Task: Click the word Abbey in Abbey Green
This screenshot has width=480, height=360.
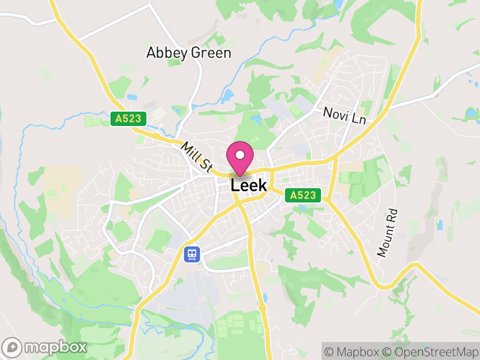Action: coord(163,53)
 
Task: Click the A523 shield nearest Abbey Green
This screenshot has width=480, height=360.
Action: coord(129,119)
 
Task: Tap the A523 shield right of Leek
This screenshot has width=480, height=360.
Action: coord(303,195)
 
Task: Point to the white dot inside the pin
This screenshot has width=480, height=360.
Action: coord(240,155)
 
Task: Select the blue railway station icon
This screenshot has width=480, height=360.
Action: coord(192,254)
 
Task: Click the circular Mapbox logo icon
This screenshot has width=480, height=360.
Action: coord(13,347)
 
